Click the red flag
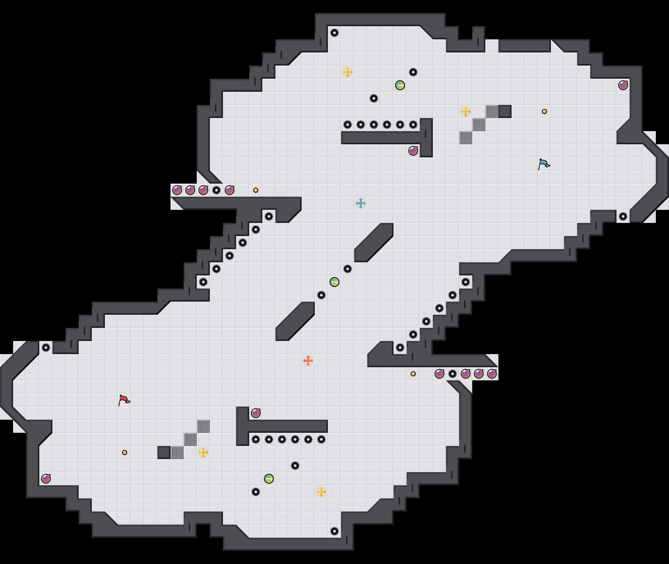click(124, 400)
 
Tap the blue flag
click(544, 164)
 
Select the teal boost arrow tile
click(361, 203)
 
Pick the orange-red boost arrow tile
click(308, 361)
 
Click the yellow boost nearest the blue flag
click(466, 111)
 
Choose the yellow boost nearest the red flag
click(203, 453)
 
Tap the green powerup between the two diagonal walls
click(334, 282)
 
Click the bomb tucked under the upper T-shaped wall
click(413, 151)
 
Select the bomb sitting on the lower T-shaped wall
click(256, 413)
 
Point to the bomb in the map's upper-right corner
click(623, 85)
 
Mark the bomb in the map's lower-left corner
click(46, 479)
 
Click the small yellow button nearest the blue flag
click(544, 111)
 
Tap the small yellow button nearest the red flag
click(125, 453)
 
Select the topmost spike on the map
click(334, 33)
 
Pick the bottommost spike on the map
click(334, 531)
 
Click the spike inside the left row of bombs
click(216, 190)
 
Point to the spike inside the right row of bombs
click(453, 374)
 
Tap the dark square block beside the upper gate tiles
click(505, 111)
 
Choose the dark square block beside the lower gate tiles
click(164, 453)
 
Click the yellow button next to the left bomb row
click(256, 190)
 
